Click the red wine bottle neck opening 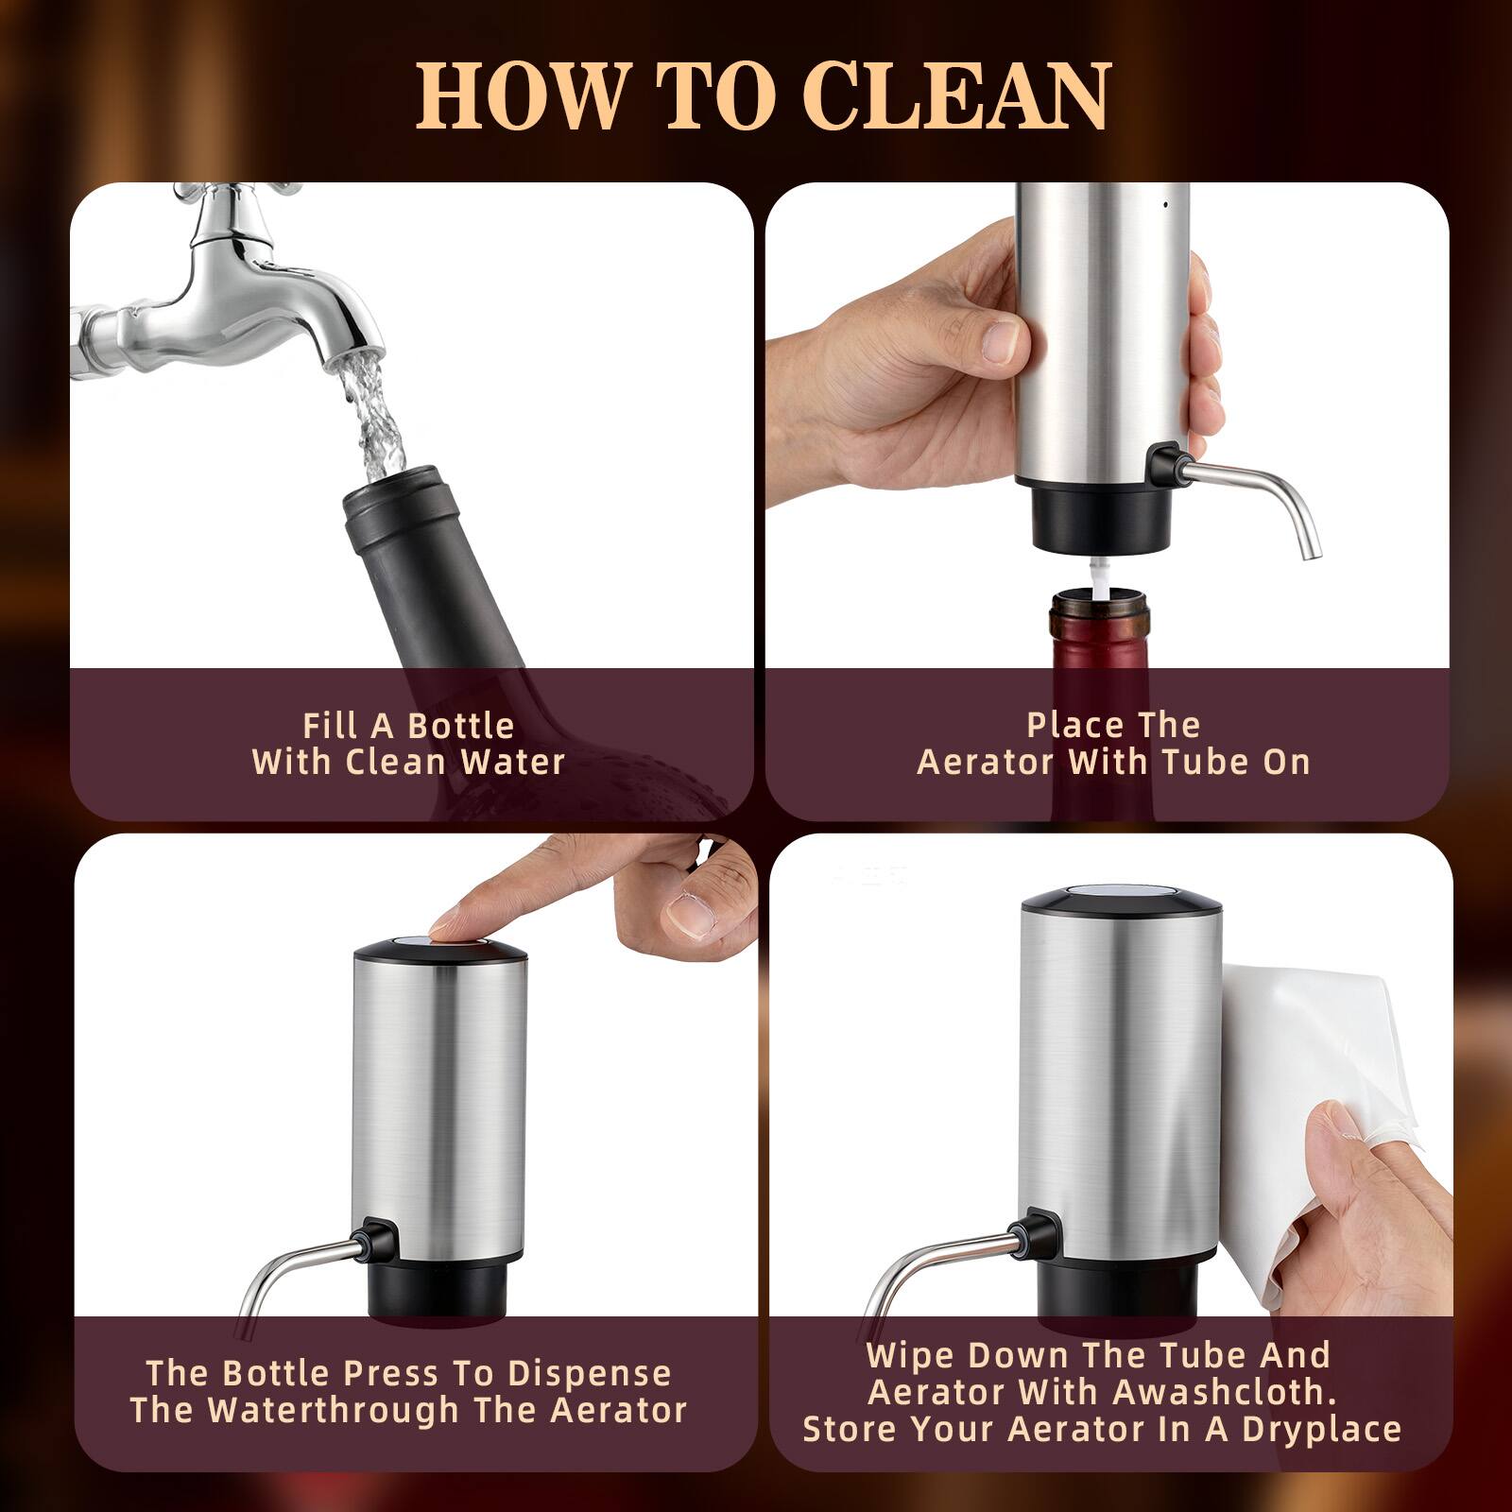click(x=1099, y=599)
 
